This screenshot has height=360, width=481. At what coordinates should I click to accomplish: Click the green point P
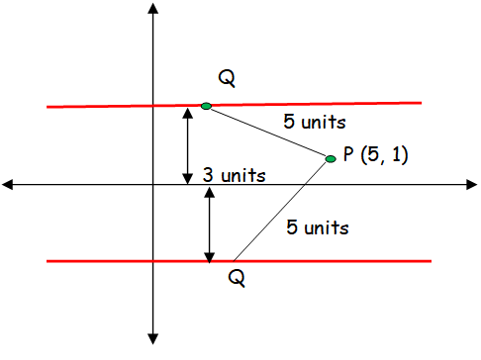click(x=331, y=158)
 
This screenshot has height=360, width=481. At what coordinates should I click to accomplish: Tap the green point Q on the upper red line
click(x=206, y=106)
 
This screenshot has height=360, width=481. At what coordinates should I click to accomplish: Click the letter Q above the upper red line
click(x=227, y=78)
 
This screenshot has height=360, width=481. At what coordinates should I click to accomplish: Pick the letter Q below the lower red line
click(x=237, y=278)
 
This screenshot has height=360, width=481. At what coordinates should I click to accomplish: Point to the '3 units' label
click(x=234, y=176)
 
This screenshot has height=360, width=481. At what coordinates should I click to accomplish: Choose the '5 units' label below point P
click(x=318, y=226)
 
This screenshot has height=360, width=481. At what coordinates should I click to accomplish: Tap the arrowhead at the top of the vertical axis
click(x=152, y=9)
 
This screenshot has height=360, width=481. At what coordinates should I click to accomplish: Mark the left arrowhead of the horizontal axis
click(x=9, y=184)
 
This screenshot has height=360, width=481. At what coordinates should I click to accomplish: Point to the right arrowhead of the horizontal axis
click(x=472, y=184)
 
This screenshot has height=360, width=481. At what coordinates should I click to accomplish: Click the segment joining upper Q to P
click(x=268, y=132)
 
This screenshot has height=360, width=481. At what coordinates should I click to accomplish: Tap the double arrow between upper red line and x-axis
click(x=187, y=144)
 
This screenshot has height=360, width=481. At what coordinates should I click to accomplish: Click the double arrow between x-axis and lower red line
click(x=209, y=224)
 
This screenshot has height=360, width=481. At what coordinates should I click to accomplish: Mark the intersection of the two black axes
click(x=152, y=184)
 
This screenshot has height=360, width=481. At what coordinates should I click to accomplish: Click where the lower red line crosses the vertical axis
click(x=152, y=261)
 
